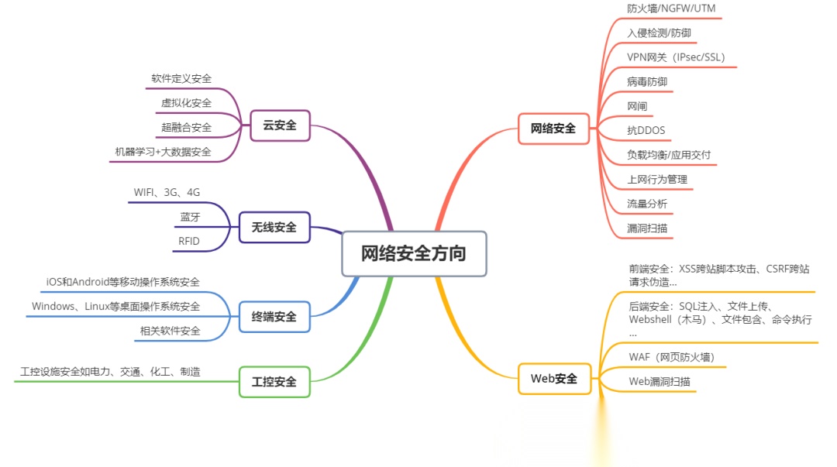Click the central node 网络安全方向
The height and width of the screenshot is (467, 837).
click(x=414, y=253)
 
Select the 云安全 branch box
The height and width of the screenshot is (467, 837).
click(x=280, y=125)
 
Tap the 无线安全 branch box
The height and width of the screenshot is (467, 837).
click(x=274, y=227)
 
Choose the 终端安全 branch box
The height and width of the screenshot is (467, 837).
click(x=274, y=316)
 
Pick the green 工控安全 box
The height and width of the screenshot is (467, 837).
click(x=274, y=381)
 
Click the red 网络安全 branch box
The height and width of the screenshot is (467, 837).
click(x=553, y=128)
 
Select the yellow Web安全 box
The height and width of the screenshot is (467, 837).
click(x=554, y=378)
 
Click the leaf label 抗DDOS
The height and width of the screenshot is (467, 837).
click(x=646, y=130)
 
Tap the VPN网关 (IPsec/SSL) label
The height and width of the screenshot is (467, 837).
click(x=676, y=57)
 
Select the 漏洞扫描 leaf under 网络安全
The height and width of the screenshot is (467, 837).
click(x=647, y=228)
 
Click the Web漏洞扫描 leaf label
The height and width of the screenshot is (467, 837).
click(x=659, y=381)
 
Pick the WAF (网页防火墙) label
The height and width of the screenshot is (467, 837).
click(x=671, y=357)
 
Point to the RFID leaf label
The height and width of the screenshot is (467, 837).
click(x=189, y=241)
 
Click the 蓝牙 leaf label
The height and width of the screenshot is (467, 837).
click(x=190, y=217)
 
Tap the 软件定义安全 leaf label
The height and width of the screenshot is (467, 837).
click(x=181, y=78)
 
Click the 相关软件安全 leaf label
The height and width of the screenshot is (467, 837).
click(x=170, y=331)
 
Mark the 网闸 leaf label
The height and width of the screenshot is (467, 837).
click(x=637, y=106)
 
